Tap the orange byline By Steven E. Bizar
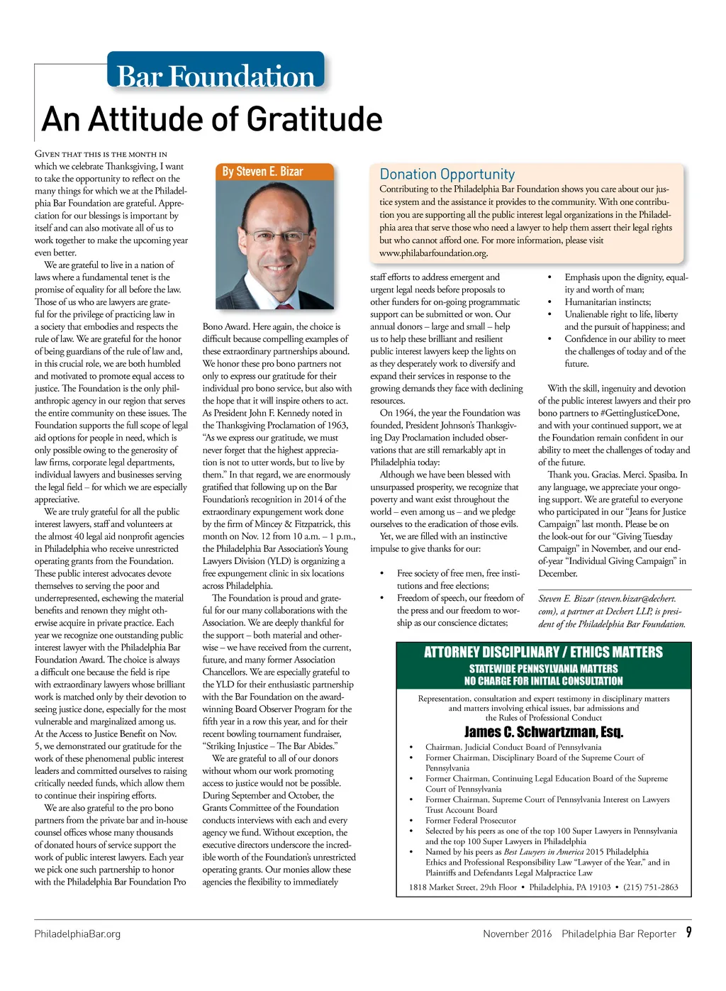point(262,172)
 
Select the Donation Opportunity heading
point(447,175)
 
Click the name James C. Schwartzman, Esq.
point(543,732)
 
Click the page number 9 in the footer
point(688,932)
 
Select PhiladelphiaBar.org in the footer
point(77,934)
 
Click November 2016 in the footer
point(517,934)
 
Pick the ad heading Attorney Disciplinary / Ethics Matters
point(543,652)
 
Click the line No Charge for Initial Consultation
point(543,681)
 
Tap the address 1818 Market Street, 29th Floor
point(462,887)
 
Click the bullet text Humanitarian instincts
point(607,302)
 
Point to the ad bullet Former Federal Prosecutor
point(470,820)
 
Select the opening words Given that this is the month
point(101,154)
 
